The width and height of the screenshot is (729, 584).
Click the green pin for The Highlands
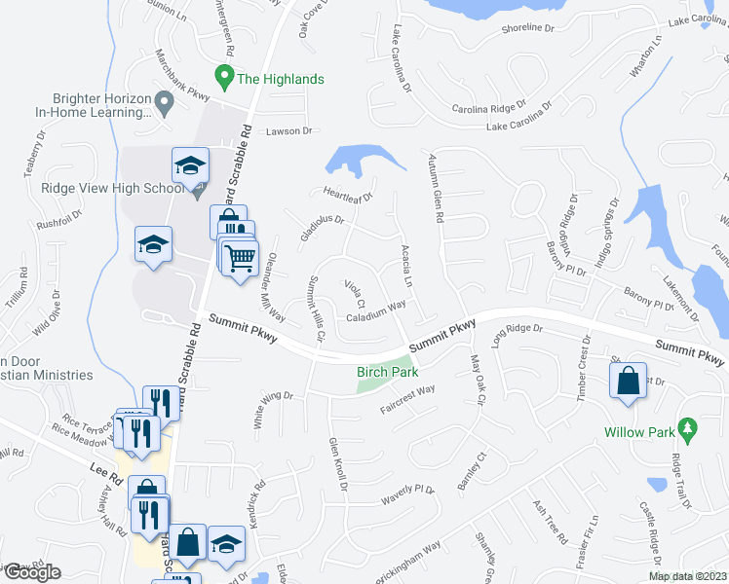[x=223, y=74]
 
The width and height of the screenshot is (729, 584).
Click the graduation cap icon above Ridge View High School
[x=190, y=164]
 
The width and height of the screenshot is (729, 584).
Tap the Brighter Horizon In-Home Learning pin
[x=166, y=99]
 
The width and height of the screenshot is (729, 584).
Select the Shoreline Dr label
[x=527, y=28]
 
